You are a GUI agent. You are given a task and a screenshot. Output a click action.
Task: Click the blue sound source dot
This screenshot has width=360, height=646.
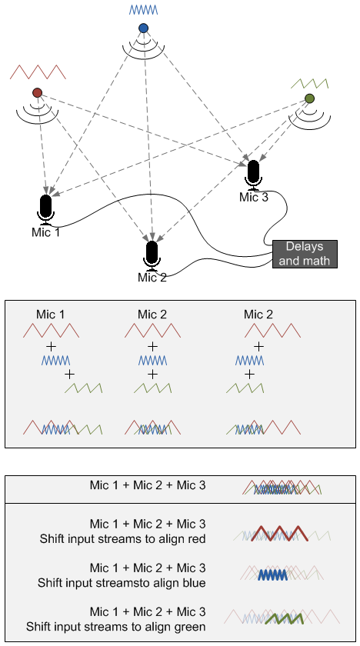[x=143, y=28]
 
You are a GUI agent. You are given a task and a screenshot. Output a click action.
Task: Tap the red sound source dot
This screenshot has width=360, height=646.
[x=37, y=93]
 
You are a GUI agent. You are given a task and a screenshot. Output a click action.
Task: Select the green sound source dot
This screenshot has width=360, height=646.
[x=309, y=98]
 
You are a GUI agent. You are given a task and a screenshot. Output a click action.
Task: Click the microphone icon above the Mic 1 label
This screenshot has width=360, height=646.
[x=45, y=208]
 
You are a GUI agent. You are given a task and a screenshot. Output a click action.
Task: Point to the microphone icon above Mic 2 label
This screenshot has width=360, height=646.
[x=152, y=254]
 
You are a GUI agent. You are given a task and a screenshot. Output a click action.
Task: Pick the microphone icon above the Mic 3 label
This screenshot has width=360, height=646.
[x=254, y=174]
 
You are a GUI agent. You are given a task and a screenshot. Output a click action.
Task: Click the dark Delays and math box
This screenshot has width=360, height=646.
[x=307, y=254]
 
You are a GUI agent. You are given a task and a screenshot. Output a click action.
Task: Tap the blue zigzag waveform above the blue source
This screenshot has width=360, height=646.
[x=143, y=10]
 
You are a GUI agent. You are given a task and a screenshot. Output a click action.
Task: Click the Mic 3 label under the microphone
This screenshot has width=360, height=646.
[x=254, y=198]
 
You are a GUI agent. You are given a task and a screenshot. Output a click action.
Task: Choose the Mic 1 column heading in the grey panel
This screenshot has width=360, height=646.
[x=51, y=314]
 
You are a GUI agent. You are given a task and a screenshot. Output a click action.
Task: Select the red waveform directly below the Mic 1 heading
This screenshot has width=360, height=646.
[x=52, y=331]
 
